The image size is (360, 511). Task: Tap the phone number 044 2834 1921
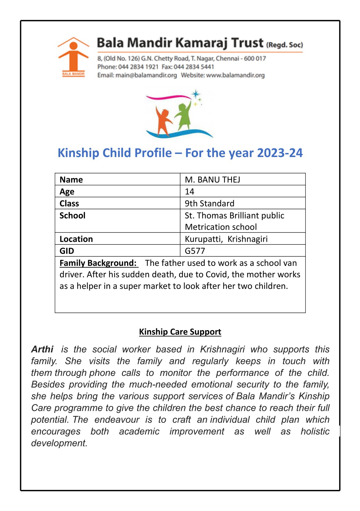[138, 67]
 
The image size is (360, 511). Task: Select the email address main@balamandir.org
[146, 75]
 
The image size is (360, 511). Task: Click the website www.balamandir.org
[235, 75]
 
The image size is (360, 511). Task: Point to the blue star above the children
[195, 94]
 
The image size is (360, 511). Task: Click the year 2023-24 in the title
[280, 153]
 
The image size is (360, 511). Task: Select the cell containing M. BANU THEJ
[212, 180]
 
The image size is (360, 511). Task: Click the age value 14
[190, 192]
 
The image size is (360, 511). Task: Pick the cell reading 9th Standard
[209, 203]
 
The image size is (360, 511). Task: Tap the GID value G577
[195, 251]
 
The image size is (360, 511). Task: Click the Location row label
[76, 239]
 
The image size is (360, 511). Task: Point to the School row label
[72, 215]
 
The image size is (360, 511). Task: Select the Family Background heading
[98, 263]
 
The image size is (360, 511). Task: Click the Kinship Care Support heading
[180, 332]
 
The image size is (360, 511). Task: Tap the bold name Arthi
[42, 349]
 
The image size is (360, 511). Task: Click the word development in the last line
[59, 443]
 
